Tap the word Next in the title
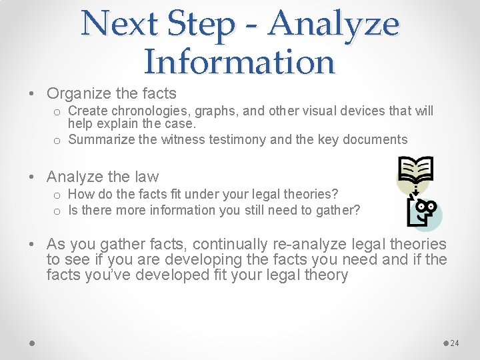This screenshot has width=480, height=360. click(x=122, y=24)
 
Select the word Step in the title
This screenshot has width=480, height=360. click(x=201, y=24)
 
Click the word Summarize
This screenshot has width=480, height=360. click(x=100, y=139)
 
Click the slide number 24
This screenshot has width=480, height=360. click(x=455, y=343)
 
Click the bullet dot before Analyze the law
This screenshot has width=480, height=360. click(x=32, y=177)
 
